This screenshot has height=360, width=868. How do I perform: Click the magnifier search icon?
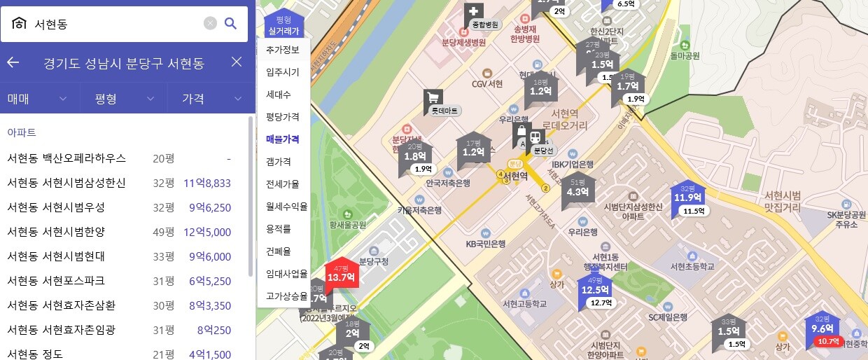point(230,24)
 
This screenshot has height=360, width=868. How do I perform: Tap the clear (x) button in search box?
point(210,24)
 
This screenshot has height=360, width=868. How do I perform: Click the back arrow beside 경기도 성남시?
point(13,62)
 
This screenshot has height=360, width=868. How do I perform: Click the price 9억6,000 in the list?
point(209,256)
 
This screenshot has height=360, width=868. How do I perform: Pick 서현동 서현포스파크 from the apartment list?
point(56,281)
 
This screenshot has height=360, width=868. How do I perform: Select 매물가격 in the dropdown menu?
point(283,139)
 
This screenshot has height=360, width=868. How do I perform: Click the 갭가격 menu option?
point(279,162)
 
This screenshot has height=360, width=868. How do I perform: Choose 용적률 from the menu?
point(279,228)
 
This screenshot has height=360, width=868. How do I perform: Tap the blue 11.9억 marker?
point(687,197)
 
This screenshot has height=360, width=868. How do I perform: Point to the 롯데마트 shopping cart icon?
point(433,98)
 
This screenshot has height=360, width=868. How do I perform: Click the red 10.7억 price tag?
point(828,342)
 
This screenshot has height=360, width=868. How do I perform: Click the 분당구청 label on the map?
point(374,262)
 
